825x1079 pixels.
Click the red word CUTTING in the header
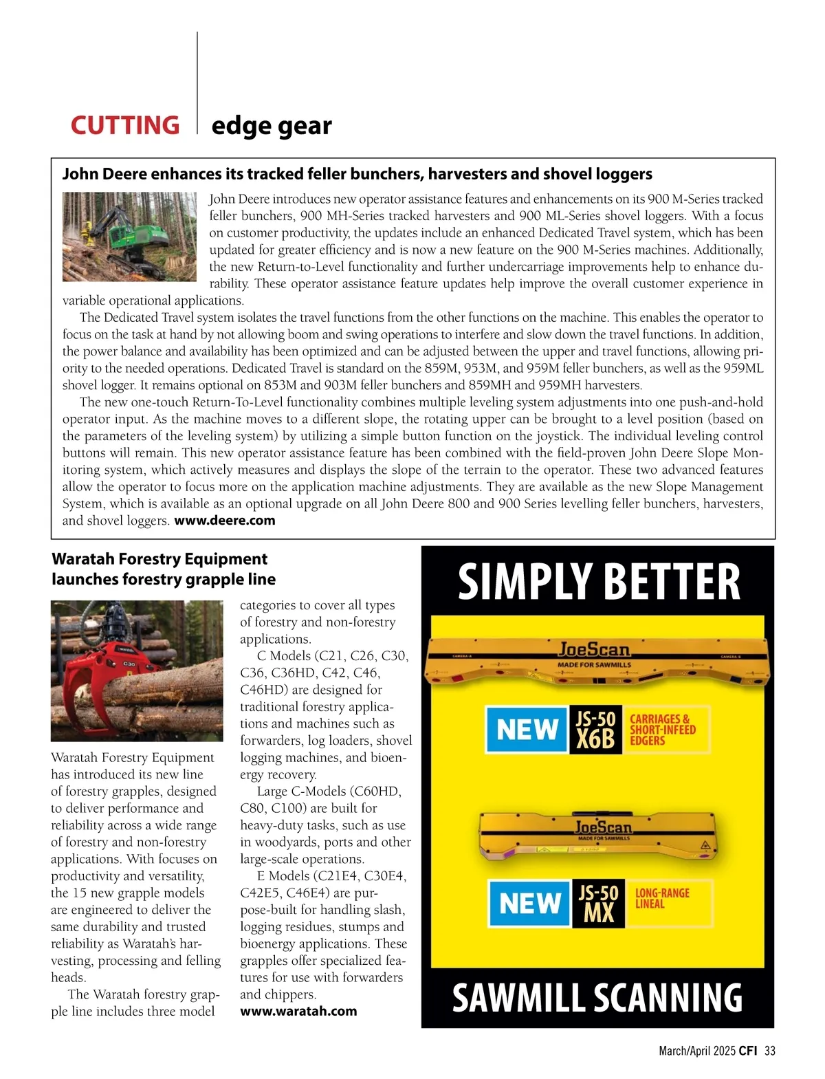(124, 126)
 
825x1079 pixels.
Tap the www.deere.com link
(225, 521)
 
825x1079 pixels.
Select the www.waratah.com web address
(298, 1011)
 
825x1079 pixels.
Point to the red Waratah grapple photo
(137, 671)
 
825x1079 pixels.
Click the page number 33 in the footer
(770, 1050)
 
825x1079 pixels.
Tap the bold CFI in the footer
(748, 1050)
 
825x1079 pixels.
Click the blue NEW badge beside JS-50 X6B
(527, 730)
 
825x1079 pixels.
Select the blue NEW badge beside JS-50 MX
(529, 904)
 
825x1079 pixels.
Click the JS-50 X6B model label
(595, 730)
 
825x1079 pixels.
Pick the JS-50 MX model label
(598, 904)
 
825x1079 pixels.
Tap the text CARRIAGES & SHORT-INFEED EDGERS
(663, 730)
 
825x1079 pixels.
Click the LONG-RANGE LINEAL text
(662, 898)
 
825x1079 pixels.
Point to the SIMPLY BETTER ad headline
(598, 582)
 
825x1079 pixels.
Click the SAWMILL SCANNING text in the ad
(597, 998)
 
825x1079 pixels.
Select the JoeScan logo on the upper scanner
(594, 649)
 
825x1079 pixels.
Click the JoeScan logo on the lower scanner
(603, 827)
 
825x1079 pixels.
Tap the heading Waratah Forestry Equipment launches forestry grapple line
(164, 569)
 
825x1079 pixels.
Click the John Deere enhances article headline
(357, 174)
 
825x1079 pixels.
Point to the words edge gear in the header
(272, 126)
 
